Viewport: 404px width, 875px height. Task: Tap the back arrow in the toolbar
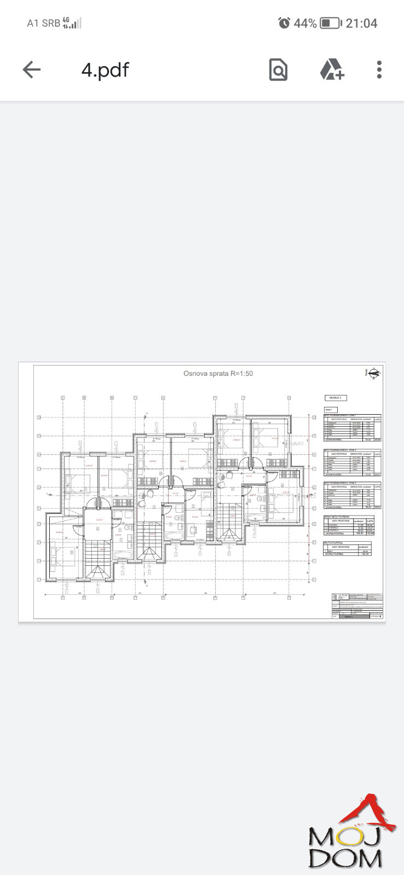tap(32, 69)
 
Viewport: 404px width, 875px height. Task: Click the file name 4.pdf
tap(105, 70)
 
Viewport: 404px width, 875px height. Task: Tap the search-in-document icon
tap(278, 69)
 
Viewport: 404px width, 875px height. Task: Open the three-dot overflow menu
tap(379, 69)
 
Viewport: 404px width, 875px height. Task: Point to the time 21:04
tap(361, 23)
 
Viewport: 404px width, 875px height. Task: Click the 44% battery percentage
tap(305, 23)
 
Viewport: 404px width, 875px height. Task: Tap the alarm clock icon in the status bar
tap(284, 23)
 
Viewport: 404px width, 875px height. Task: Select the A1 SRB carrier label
tap(43, 23)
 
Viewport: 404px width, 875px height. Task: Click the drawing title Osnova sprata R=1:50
tap(218, 374)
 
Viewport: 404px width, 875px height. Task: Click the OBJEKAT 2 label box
tap(336, 398)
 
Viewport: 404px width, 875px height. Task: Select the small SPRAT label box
tap(331, 409)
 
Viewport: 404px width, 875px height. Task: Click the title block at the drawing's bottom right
tap(356, 606)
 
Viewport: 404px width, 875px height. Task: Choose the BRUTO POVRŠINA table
tap(348, 549)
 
